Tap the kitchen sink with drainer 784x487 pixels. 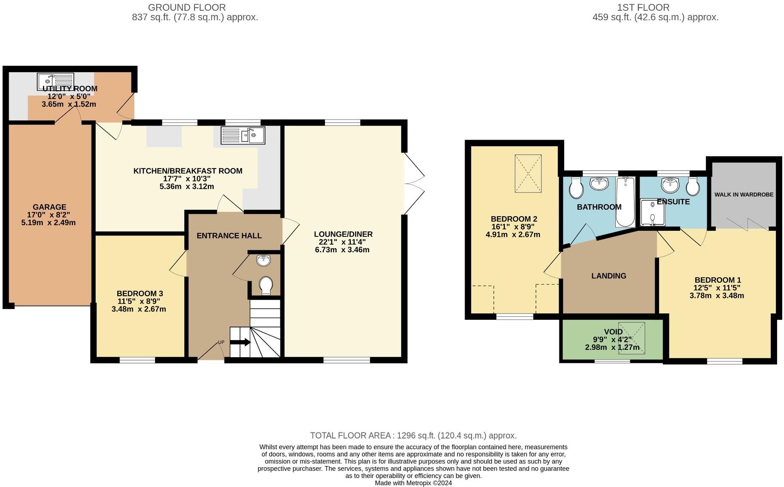[x=243, y=135]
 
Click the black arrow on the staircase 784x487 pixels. [x=240, y=342]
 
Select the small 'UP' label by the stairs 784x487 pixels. [x=221, y=342]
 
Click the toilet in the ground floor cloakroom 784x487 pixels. [x=266, y=285]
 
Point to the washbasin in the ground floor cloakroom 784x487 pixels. [x=263, y=260]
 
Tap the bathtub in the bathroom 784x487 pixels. [x=625, y=202]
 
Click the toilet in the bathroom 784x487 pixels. [x=575, y=188]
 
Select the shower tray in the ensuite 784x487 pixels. [x=652, y=212]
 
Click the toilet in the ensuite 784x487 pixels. [x=693, y=187]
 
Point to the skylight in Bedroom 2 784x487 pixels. [x=528, y=174]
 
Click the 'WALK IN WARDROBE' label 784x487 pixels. [x=744, y=195]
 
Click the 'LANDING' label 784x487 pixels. [x=609, y=276]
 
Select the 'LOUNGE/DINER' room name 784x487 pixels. [x=343, y=234]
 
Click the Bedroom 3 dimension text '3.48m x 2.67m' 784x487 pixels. [x=139, y=309]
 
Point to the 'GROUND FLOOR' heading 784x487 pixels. [x=187, y=7]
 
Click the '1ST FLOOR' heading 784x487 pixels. [x=643, y=7]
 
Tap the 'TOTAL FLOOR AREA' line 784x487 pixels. [x=413, y=435]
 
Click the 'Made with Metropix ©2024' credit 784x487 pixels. [x=413, y=483]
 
